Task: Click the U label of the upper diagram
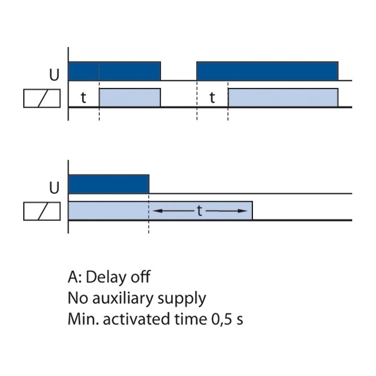click(54, 75)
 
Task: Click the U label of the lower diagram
click(54, 188)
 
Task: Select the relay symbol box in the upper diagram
click(42, 98)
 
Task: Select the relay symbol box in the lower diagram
click(42, 212)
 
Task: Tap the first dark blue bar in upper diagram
click(115, 71)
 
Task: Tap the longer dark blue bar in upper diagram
click(267, 71)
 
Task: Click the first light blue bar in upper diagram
click(130, 98)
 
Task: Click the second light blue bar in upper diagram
click(283, 98)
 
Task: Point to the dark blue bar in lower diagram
click(109, 184)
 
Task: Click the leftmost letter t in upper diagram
click(83, 98)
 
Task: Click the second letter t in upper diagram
click(212, 98)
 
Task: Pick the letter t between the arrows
click(200, 211)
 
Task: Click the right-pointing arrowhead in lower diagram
click(242, 211)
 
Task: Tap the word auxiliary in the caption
click(122, 298)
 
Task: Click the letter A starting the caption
click(73, 277)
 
